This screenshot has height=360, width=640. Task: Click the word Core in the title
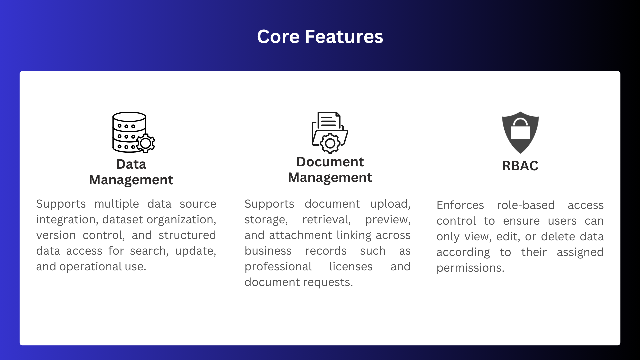pyautogui.click(x=278, y=37)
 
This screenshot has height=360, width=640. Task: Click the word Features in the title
pyautogui.click(x=344, y=37)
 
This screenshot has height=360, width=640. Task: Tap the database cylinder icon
pyautogui.click(x=129, y=132)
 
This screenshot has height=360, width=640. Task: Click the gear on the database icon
pyautogui.click(x=146, y=143)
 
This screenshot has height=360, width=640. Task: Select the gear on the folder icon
pyautogui.click(x=330, y=143)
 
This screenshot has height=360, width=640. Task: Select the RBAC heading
pyautogui.click(x=520, y=166)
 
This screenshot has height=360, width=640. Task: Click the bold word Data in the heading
pyautogui.click(x=131, y=164)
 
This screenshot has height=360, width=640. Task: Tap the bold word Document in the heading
pyautogui.click(x=330, y=162)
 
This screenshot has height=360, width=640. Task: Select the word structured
pyautogui.click(x=187, y=235)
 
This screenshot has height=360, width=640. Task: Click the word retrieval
pyautogui.click(x=326, y=220)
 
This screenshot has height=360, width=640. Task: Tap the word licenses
pyautogui.click(x=351, y=266)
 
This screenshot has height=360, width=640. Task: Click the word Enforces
pyautogui.click(x=460, y=205)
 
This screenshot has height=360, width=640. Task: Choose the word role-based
pyautogui.click(x=526, y=205)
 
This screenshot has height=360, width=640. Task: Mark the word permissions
pyautogui.click(x=470, y=268)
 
